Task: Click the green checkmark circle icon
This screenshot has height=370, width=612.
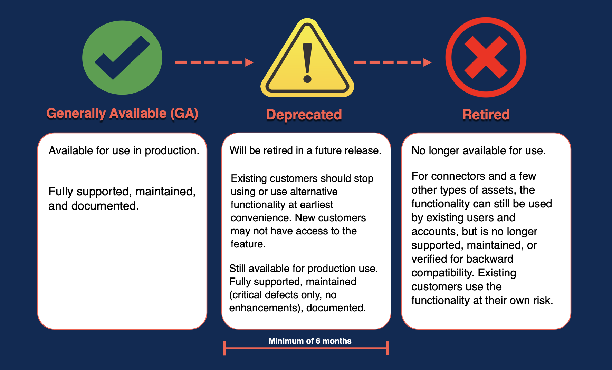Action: pos(122,58)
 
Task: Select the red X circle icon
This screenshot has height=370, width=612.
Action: pos(486,57)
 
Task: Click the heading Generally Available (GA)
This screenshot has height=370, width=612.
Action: pos(122,114)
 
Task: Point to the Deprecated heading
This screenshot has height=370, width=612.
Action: pos(304,115)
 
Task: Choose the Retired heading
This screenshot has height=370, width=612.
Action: pos(486,115)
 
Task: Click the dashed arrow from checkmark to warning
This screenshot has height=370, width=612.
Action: pos(214,62)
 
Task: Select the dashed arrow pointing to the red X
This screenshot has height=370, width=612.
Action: pos(393,62)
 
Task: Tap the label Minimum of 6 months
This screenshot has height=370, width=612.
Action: pos(310,341)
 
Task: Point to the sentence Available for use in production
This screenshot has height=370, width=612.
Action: pos(124,151)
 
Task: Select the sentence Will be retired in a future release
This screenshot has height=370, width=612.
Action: pos(305,150)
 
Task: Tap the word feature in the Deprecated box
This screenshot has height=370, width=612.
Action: pos(247,244)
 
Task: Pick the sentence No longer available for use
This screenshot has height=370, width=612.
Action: pos(478,151)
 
